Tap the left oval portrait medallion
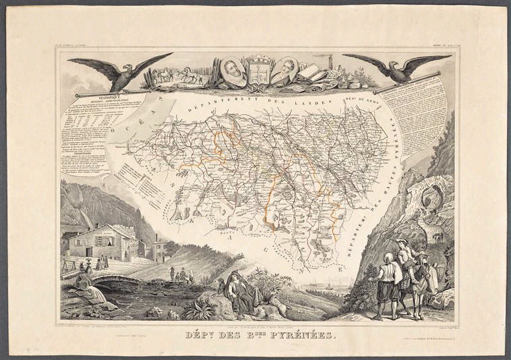click(232, 69)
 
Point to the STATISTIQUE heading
click(92, 97)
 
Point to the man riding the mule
click(405, 253)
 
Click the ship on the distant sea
click(330, 284)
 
